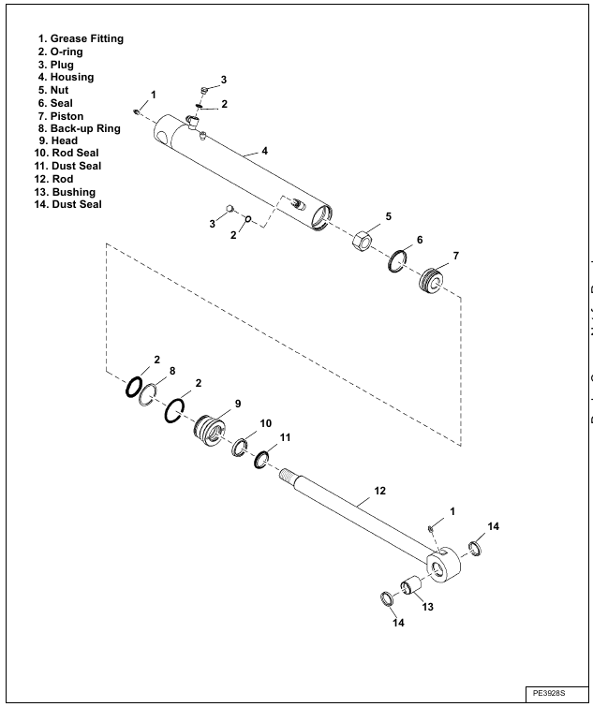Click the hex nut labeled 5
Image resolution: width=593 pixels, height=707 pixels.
coord(362,242)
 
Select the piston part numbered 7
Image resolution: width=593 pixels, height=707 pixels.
coord(431,280)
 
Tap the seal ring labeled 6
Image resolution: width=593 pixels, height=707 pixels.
coord(397,260)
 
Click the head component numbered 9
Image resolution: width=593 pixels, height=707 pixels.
coord(209,431)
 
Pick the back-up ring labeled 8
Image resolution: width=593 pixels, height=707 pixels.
coord(147,395)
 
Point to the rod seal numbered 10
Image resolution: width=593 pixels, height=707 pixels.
coord(240,447)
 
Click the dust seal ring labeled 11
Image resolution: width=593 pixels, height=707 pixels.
coord(261,460)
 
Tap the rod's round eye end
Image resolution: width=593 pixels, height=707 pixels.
coord(443,566)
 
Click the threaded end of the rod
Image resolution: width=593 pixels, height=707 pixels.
coord(287,476)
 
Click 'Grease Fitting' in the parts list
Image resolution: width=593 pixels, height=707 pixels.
coord(86,38)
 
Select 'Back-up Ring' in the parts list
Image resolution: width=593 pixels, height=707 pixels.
coord(85,128)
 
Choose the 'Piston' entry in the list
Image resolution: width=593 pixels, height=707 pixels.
coord(67,116)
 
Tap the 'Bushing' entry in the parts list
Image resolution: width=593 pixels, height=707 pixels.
coord(74,192)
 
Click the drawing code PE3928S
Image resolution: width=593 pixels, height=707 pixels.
coord(549,693)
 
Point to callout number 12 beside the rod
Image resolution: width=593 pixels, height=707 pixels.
coord(379,491)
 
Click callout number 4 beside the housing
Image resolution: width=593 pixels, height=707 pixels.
coord(265,151)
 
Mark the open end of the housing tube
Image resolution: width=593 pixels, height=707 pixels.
coord(321,217)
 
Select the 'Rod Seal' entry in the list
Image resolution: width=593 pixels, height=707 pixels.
coord(75,153)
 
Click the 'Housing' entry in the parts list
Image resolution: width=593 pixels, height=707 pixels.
coord(72,77)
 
